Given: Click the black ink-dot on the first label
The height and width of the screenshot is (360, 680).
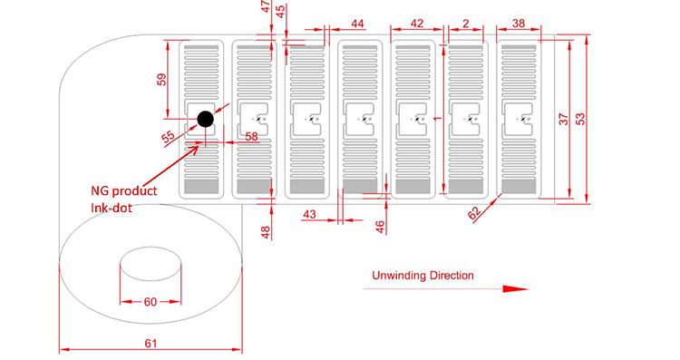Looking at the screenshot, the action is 205,119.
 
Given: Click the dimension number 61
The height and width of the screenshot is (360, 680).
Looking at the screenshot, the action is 151,344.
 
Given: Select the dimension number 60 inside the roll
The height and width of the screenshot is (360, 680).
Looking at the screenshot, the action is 150,301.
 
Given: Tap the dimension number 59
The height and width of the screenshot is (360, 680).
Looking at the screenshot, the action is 161,80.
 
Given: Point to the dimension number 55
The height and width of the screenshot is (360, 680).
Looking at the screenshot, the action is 169,137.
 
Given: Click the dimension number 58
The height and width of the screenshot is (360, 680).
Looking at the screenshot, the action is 251,137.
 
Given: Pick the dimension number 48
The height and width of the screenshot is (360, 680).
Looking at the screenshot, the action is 266,232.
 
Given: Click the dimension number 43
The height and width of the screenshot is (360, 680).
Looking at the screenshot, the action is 309,214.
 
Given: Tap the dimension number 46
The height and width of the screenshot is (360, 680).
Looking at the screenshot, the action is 380,227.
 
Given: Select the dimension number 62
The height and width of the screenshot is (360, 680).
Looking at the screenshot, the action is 474,213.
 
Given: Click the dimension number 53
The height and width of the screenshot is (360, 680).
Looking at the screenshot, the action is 580,119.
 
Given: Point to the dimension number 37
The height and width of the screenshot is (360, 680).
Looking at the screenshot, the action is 563,119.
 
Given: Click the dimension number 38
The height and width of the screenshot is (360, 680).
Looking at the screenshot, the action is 519,23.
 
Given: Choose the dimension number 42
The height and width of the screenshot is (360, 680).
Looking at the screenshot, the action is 416,23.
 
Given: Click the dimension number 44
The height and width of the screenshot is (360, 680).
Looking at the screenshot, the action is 357,23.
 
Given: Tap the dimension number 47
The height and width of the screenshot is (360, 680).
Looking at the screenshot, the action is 266,6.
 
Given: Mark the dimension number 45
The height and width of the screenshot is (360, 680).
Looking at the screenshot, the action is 280,11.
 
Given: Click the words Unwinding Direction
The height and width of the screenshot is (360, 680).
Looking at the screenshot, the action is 423,276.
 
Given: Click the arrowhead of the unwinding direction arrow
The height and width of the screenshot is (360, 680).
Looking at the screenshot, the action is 516,289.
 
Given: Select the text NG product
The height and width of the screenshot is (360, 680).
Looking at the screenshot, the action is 124,190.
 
